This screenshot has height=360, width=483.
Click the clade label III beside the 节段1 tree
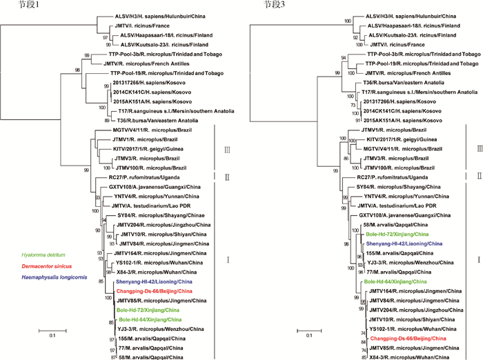pyautogui.click(x=219, y=148)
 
